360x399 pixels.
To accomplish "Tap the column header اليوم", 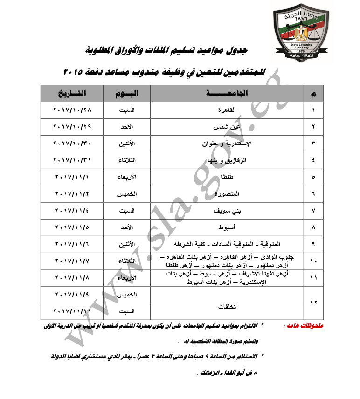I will [126, 93].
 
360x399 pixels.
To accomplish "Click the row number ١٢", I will [313, 303].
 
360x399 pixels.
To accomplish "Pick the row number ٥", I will [313, 177].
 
